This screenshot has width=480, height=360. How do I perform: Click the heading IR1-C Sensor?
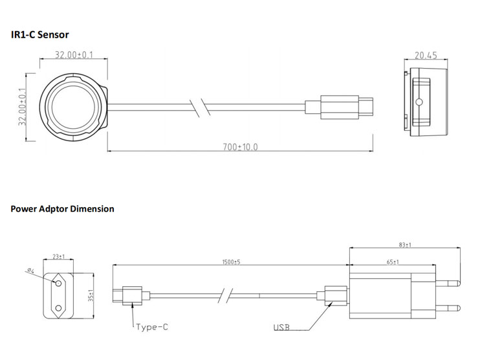39,34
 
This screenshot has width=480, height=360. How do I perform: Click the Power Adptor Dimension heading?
62,209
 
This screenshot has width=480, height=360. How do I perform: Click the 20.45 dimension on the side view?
426,56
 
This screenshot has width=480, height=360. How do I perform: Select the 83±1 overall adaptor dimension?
404,245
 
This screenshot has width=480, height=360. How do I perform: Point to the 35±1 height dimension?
91,296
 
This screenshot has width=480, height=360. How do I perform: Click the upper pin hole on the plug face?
57,284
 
